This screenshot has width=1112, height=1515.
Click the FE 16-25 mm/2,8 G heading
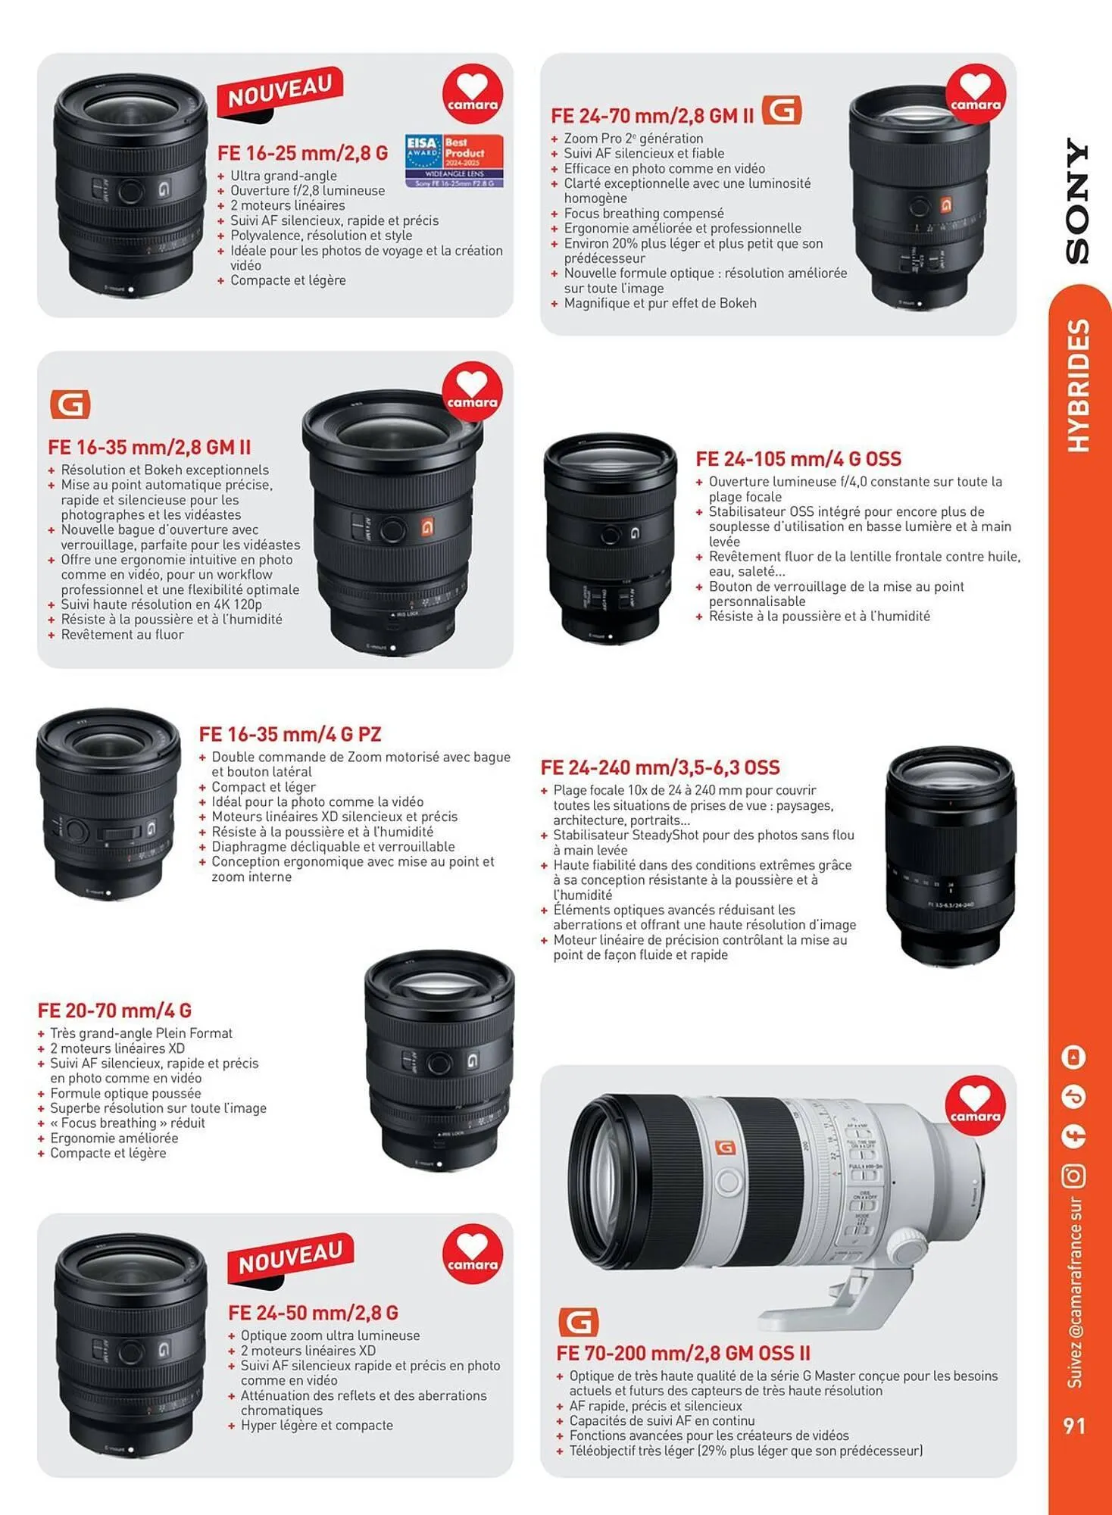pyautogui.click(x=302, y=153)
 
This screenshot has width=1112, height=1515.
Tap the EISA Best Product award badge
pyautogui.click(x=454, y=161)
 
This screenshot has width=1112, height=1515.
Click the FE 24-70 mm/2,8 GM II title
pyautogui.click(x=652, y=116)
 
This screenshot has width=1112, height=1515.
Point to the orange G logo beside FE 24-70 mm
pyautogui.click(x=782, y=111)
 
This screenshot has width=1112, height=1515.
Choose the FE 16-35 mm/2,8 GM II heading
pyautogui.click(x=149, y=447)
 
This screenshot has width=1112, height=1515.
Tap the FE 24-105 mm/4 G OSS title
pyautogui.click(x=798, y=459)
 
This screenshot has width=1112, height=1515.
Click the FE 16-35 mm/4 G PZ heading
pyautogui.click(x=290, y=734)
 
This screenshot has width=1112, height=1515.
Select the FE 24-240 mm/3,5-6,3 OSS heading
pyautogui.click(x=660, y=767)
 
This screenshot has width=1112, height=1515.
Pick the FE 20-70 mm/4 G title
pyautogui.click(x=114, y=1011)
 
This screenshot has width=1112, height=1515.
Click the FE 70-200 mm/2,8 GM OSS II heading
pyautogui.click(x=683, y=1353)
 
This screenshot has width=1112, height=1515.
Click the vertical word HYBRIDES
pyautogui.click(x=1077, y=386)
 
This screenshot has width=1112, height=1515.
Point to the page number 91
pyautogui.click(x=1074, y=1426)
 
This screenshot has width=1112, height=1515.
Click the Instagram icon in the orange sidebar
pyautogui.click(x=1074, y=1176)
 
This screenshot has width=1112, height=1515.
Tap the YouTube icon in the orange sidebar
pyautogui.click(x=1074, y=1057)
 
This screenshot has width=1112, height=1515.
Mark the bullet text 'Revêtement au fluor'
pyautogui.click(x=122, y=635)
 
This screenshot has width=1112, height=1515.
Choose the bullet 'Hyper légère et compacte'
pyautogui.click(x=317, y=1425)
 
